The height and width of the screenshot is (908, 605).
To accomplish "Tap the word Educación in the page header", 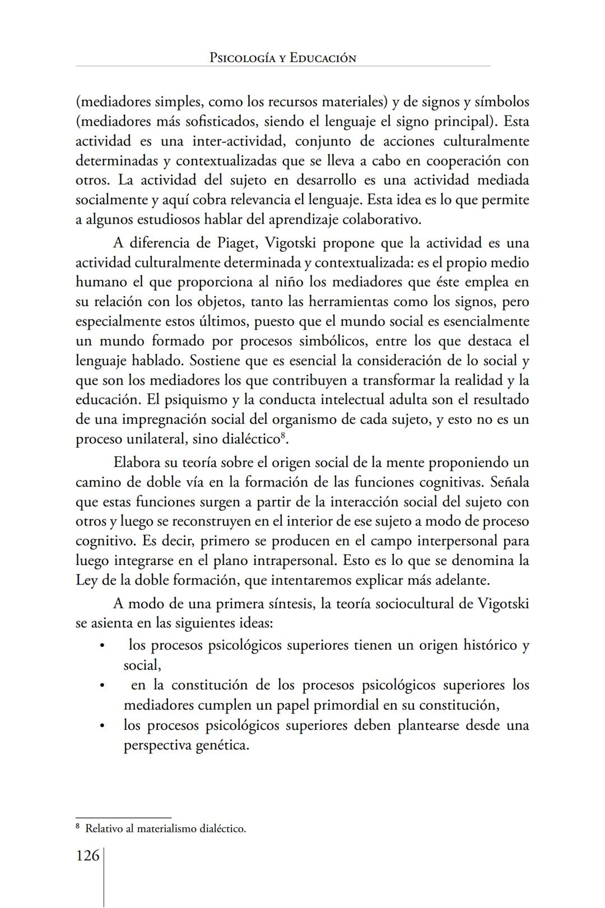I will (323, 58).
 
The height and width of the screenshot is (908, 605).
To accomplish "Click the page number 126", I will (87, 856).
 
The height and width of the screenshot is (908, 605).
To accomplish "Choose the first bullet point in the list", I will (101, 646).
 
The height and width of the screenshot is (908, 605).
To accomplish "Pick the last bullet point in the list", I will (101, 726).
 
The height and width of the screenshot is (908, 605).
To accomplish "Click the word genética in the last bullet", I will (221, 745).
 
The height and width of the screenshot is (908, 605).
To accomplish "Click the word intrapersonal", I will (295, 560).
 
